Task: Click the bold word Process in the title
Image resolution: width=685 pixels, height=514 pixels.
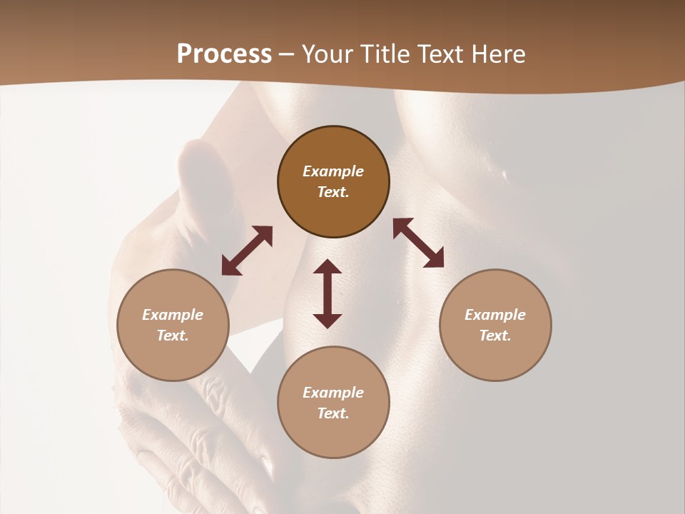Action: (x=224, y=54)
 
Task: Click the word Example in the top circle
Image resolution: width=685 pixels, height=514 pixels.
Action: (x=333, y=171)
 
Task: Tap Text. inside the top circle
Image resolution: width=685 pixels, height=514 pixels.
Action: (x=333, y=192)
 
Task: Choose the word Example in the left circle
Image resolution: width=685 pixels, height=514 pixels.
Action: (x=173, y=315)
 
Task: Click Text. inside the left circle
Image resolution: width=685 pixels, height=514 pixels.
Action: (x=173, y=336)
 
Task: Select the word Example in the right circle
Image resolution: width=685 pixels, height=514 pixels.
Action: (x=495, y=315)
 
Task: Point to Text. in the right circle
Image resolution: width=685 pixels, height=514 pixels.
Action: (x=495, y=336)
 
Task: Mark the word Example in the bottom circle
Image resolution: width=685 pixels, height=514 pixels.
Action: (x=333, y=393)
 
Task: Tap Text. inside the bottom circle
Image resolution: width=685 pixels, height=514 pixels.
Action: (x=333, y=413)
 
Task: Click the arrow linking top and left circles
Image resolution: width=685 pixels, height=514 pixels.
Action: (x=247, y=251)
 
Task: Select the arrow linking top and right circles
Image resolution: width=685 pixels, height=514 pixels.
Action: (x=418, y=243)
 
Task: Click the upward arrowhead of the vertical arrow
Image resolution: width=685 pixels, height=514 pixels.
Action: (x=328, y=268)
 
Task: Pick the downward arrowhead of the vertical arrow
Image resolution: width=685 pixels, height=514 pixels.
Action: (x=328, y=319)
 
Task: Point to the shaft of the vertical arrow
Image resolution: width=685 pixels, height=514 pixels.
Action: (x=328, y=293)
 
